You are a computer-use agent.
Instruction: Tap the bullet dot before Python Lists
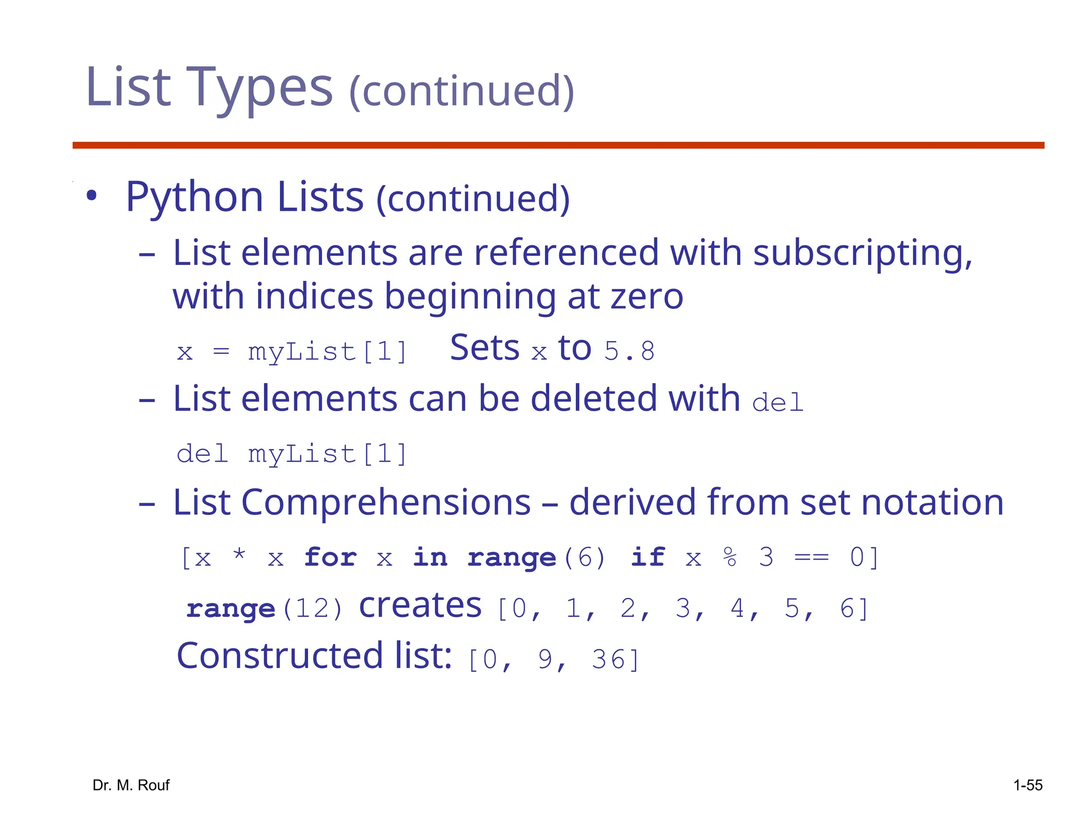[x=92, y=196]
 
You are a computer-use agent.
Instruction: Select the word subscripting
[x=863, y=253]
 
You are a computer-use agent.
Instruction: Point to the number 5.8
[x=629, y=351]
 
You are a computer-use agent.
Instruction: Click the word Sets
[x=484, y=348]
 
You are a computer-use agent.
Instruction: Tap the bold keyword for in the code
[x=330, y=557]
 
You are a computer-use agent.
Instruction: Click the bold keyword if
[x=647, y=557]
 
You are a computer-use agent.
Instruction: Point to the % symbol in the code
[x=730, y=557]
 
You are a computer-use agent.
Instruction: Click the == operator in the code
[x=811, y=557]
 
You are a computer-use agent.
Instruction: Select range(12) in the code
[x=265, y=608]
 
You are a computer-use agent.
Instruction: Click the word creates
[x=420, y=606]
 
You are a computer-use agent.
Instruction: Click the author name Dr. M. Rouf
[x=131, y=785]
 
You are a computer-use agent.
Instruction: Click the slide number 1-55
[x=1027, y=785]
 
